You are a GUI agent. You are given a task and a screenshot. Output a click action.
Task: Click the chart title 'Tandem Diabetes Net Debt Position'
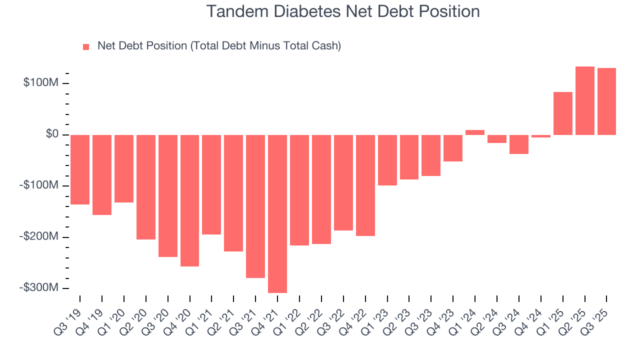(x=343, y=11)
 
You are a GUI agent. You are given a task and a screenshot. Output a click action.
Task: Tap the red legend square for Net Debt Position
(x=86, y=46)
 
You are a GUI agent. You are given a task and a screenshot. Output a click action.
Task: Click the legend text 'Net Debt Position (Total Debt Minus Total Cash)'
(x=219, y=46)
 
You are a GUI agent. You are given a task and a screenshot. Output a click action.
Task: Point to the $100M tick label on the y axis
(x=41, y=82)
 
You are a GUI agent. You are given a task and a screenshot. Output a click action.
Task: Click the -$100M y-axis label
(x=39, y=185)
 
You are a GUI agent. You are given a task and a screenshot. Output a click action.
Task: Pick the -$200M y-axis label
(x=39, y=236)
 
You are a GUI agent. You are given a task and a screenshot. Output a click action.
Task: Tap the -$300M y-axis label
(x=39, y=287)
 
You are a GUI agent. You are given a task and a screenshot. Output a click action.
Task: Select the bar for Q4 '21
(x=277, y=213)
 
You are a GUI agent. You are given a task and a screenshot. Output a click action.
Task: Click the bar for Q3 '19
(x=80, y=169)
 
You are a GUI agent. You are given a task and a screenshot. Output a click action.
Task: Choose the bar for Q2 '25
(x=585, y=100)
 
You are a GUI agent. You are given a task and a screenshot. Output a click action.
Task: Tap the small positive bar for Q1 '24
(x=475, y=132)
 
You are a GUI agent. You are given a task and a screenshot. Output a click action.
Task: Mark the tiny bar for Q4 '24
(x=541, y=136)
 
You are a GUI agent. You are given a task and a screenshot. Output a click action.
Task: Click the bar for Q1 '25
(x=563, y=113)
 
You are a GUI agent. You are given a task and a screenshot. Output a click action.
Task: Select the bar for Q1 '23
(x=387, y=160)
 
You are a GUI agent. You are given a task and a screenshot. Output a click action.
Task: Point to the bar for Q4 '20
(x=190, y=200)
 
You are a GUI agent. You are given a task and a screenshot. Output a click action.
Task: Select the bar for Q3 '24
(x=519, y=144)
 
